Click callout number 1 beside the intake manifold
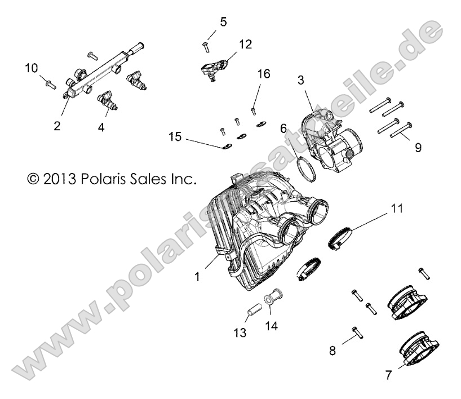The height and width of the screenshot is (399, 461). tap(197, 277)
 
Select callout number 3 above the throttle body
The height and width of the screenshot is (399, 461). tap(302, 80)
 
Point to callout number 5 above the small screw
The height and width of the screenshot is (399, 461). tap(223, 22)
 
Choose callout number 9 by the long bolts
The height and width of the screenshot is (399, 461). tap(418, 148)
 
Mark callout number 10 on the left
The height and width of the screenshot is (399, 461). tap(31, 68)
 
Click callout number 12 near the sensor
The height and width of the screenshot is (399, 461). tap(246, 45)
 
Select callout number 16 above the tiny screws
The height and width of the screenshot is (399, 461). tap(264, 74)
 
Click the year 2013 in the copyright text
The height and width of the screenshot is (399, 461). tap(59, 180)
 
